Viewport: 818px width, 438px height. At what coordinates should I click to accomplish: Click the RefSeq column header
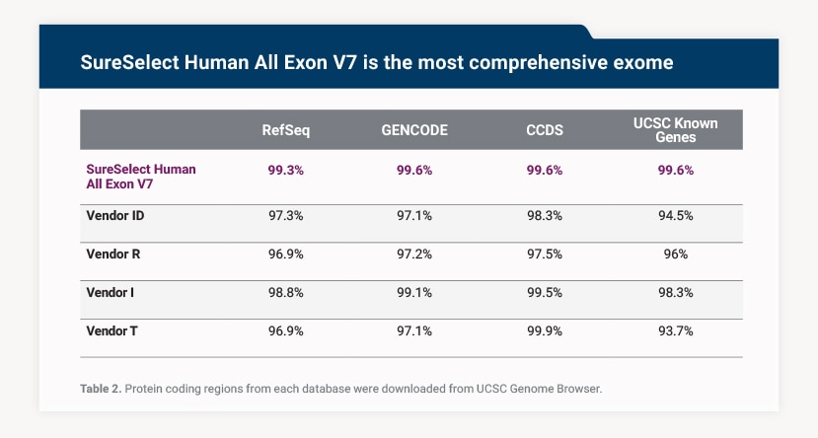point(286,130)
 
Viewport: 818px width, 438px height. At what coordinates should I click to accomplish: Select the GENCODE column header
point(414,130)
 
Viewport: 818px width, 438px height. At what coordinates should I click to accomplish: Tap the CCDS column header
point(545,130)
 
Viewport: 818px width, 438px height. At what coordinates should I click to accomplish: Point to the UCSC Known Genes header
point(675,130)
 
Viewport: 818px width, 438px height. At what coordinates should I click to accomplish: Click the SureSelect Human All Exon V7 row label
point(141,176)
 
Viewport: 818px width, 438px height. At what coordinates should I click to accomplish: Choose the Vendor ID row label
point(116,214)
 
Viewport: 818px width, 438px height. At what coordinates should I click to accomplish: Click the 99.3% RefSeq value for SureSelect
point(286,170)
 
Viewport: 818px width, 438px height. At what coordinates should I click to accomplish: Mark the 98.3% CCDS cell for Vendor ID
point(545,214)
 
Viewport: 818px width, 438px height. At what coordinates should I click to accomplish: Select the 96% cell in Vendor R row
point(675,254)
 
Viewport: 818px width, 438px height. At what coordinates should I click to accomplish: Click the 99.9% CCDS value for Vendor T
point(545,331)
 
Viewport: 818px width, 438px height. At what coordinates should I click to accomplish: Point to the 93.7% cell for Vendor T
point(675,331)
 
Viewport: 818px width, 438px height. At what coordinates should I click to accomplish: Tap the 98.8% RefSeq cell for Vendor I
point(286,292)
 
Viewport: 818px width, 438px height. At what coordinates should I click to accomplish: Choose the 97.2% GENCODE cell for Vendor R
point(414,254)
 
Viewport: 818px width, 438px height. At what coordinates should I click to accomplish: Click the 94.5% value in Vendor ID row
point(675,214)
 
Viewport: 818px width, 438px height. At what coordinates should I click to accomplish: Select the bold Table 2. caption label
point(101,389)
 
